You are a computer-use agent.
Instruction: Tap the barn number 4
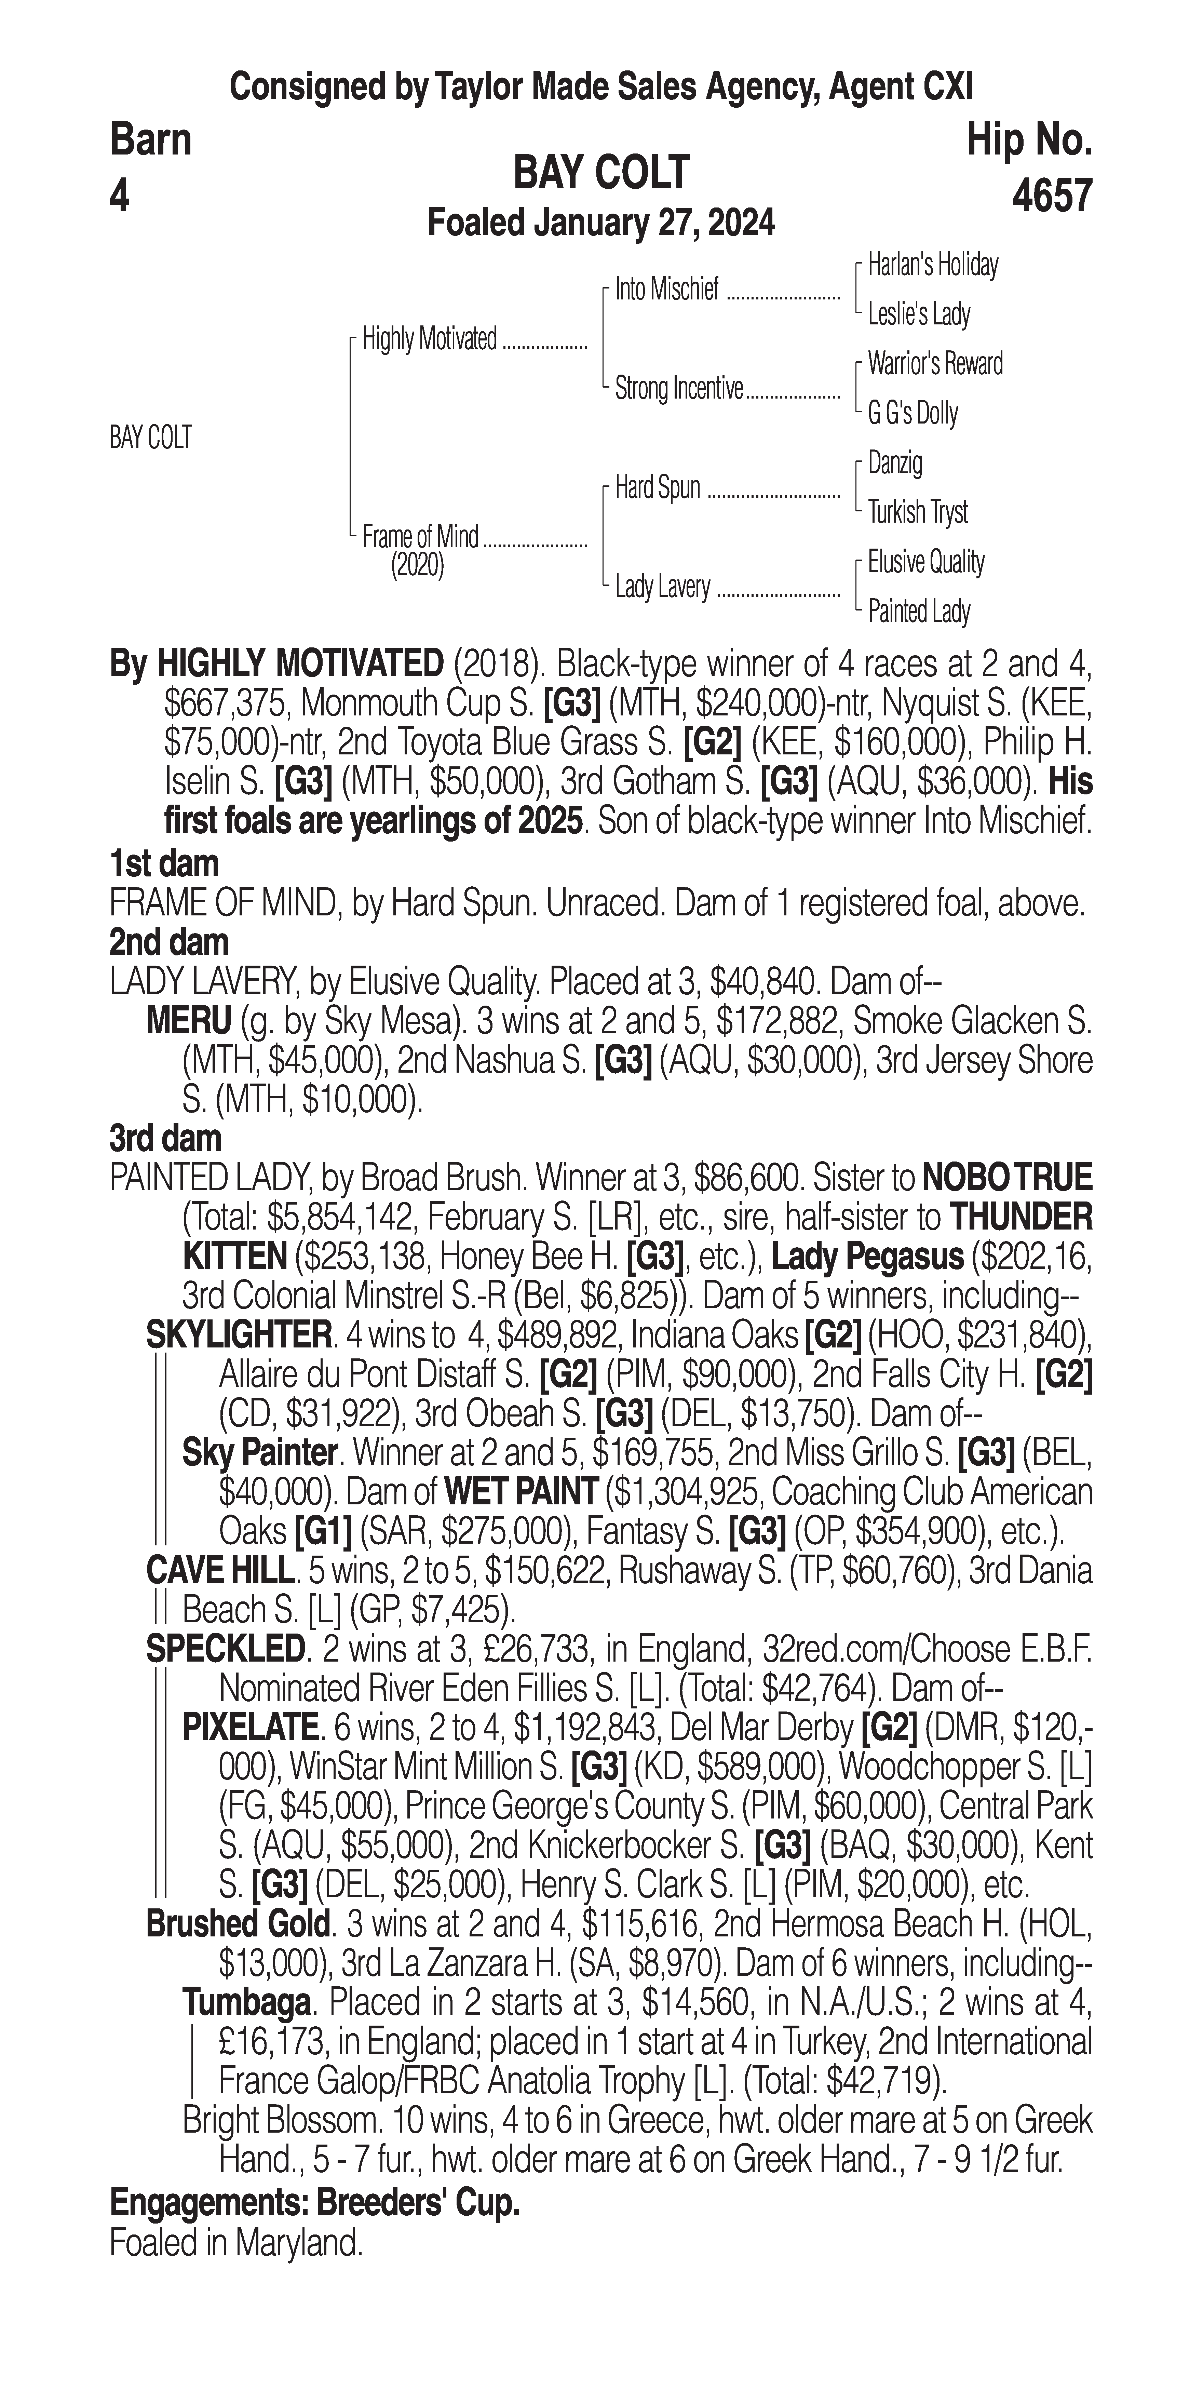119,196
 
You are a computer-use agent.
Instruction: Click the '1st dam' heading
164,864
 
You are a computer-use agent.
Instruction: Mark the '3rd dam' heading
165,1139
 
